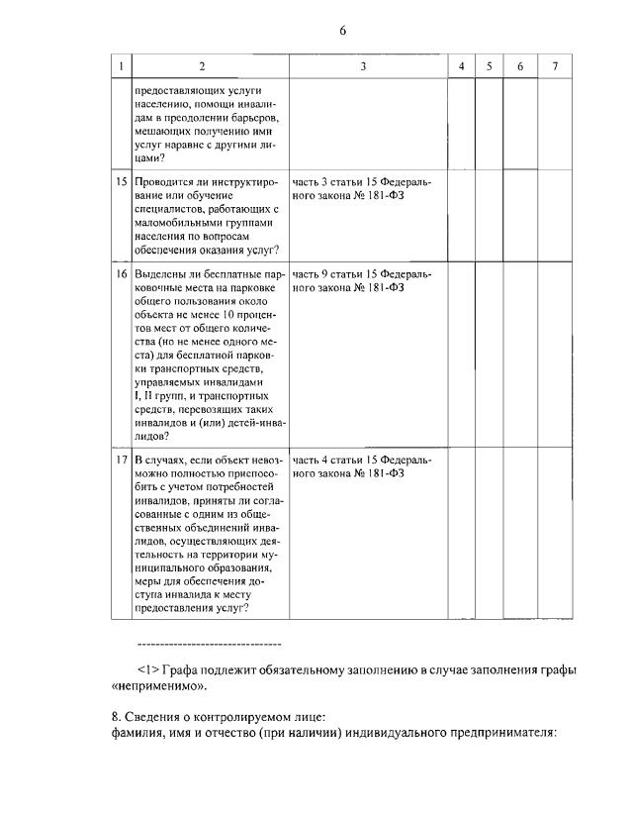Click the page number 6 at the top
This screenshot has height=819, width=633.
click(342, 31)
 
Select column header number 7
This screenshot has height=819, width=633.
click(555, 65)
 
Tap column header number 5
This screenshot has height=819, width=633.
click(489, 65)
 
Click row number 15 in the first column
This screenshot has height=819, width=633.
click(121, 182)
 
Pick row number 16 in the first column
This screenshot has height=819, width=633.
click(121, 273)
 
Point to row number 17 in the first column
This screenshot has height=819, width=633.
click(121, 460)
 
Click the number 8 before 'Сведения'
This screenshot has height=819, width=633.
click(113, 717)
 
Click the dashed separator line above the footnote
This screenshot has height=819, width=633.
click(208, 644)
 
